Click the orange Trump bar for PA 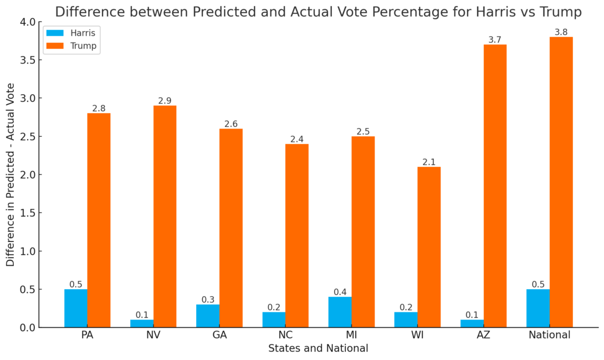click(x=99, y=220)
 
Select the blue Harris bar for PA click(x=75, y=308)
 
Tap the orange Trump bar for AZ click(x=495, y=186)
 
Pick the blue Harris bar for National click(x=538, y=308)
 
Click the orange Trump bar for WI click(x=429, y=247)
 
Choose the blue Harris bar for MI click(x=340, y=312)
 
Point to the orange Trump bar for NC click(x=297, y=235)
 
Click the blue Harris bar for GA click(x=208, y=316)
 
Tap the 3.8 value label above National click(x=561, y=32)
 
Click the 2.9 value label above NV click(x=165, y=101)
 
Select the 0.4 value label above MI click(x=340, y=292)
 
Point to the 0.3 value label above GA click(x=208, y=300)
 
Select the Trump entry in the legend click(x=83, y=46)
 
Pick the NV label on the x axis click(x=153, y=335)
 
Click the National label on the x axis click(x=549, y=335)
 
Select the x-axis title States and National click(x=318, y=348)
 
